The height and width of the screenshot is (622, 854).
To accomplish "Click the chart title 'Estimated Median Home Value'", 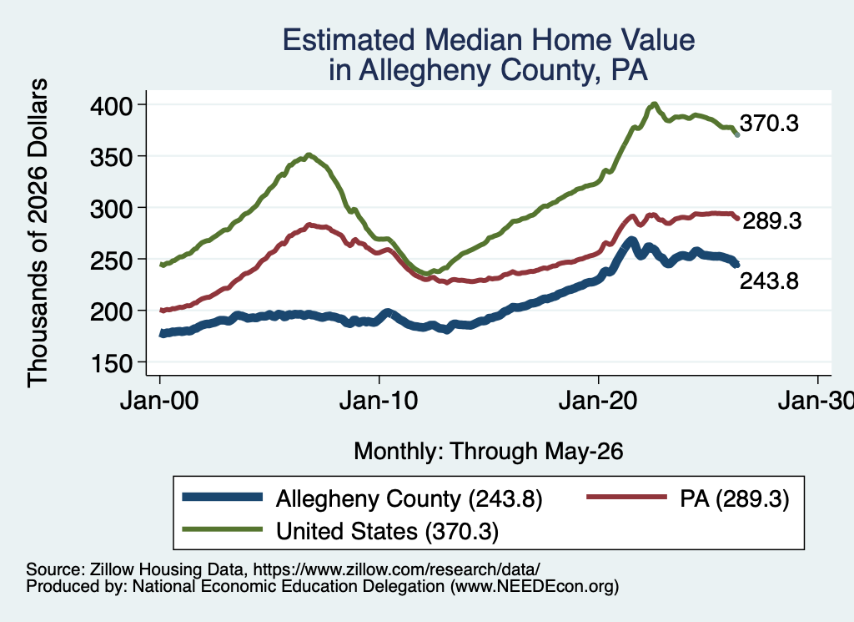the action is point(489,40).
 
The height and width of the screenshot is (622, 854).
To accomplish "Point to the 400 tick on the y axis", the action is point(111,105).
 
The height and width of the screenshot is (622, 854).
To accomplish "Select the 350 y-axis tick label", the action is point(111,157).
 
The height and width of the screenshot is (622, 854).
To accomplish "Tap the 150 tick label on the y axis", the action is point(111,363).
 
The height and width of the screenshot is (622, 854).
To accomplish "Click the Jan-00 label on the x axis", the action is point(159,402).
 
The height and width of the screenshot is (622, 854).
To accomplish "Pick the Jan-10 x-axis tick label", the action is point(379,402).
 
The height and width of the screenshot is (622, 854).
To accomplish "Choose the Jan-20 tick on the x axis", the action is point(598,402).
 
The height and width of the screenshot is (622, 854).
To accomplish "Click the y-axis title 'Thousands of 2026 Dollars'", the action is point(38,233).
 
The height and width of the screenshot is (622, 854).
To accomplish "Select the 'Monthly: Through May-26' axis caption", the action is point(489,452).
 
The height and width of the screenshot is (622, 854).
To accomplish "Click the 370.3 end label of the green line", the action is point(769,124).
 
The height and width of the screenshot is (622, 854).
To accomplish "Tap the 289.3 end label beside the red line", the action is point(771,220).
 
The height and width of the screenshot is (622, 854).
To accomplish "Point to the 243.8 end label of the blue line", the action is point(769,281).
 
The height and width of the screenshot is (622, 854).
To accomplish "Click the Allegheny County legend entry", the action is point(409,498).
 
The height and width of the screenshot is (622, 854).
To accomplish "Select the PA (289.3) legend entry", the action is point(734,498).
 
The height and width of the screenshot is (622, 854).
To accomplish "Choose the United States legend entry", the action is point(387,531).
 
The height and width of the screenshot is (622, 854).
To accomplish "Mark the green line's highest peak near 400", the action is point(654,104).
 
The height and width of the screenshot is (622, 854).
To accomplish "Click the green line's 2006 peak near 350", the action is point(309,155).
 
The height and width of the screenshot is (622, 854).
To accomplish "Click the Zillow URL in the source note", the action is point(396,569).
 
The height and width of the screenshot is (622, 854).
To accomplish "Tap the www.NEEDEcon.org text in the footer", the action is point(531,587).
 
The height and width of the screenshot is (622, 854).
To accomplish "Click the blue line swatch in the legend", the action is point(222,497).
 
